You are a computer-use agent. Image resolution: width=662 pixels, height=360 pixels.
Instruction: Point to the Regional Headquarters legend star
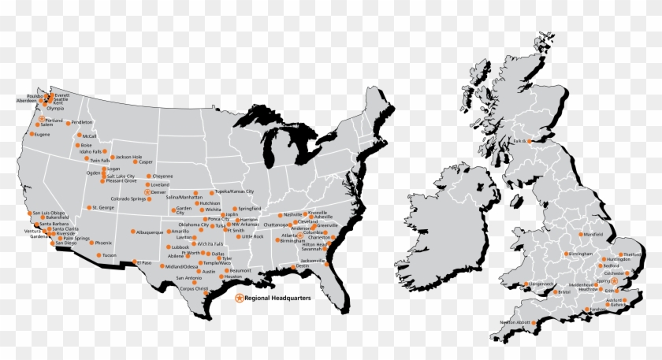(240, 299)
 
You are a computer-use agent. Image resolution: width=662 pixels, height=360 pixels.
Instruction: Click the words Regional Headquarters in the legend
(277, 299)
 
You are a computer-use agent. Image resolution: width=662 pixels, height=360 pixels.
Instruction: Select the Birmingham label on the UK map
(580, 254)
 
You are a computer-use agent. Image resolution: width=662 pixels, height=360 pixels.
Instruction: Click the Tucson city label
(109, 255)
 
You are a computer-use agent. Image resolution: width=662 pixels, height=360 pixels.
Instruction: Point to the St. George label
(103, 208)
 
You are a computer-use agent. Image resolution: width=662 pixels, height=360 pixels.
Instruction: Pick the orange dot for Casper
(135, 162)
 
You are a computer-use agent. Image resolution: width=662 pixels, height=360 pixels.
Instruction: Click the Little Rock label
(253, 236)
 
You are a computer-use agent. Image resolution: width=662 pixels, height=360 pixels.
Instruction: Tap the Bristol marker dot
(554, 292)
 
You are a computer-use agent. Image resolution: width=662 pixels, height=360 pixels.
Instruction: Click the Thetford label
(632, 255)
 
